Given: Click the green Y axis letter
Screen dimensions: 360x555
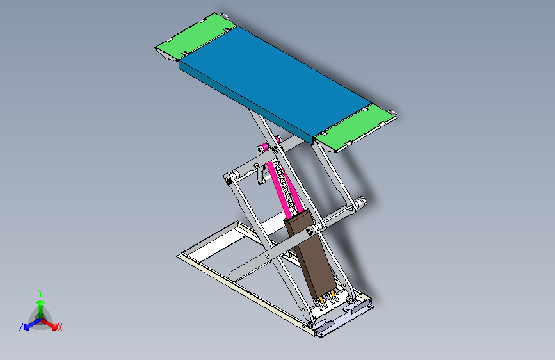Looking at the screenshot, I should pyautogui.click(x=40, y=292).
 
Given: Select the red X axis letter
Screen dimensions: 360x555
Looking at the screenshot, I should pyautogui.click(x=60, y=327).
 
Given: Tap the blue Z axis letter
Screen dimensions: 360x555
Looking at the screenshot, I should pyautogui.click(x=21, y=327).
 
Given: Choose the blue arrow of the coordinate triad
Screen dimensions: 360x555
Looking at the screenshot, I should pyautogui.click(x=29, y=325).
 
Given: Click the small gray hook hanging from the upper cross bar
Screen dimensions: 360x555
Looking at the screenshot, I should pyautogui.click(x=261, y=175).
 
